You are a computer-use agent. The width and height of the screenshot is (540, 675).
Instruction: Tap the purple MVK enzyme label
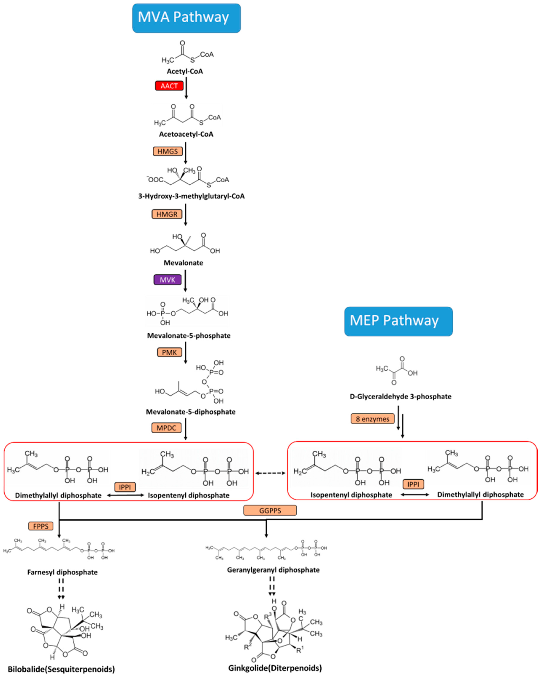[x=167, y=280]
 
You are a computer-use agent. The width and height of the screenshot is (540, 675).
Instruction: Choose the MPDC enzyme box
[x=166, y=428]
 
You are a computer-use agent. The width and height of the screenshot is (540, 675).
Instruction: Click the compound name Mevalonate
[x=183, y=263]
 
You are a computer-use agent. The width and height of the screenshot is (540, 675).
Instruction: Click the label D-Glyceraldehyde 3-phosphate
[x=401, y=396]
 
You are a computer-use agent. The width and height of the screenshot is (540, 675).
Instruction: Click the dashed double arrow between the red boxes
[x=270, y=473]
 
